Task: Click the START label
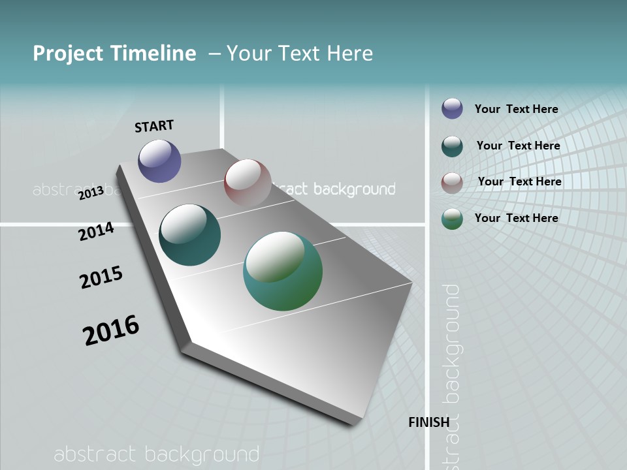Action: tap(154, 125)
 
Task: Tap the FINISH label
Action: tap(429, 422)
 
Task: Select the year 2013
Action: tap(91, 193)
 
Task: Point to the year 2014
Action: tap(96, 231)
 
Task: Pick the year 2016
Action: tap(111, 330)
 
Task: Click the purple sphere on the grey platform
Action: tap(159, 161)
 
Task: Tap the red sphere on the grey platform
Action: tap(248, 183)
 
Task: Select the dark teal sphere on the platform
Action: tap(189, 235)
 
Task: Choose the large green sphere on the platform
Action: tap(283, 271)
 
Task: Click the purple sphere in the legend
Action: tap(452, 108)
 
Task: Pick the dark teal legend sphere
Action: tap(452, 146)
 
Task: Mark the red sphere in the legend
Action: tap(452, 182)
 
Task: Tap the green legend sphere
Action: tap(452, 219)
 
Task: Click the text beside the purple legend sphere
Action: tap(516, 109)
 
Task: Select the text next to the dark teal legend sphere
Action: tap(518, 146)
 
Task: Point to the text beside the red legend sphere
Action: tap(519, 181)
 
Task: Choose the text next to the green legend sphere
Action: tap(516, 218)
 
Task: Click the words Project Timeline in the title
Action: tap(114, 54)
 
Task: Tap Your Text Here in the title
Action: tap(299, 54)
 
